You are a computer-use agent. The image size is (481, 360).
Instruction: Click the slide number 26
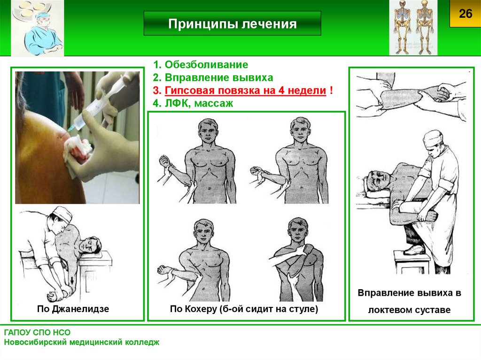465,14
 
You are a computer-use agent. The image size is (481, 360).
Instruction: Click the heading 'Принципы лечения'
232,23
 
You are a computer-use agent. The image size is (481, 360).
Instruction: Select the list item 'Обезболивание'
207,64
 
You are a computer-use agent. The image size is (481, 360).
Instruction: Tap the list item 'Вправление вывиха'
219,77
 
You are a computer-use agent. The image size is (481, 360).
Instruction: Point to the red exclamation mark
331,90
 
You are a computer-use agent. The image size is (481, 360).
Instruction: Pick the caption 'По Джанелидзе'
73,308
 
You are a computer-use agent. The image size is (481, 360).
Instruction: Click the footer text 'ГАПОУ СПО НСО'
37,332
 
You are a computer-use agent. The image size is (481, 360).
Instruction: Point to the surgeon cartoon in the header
38,29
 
